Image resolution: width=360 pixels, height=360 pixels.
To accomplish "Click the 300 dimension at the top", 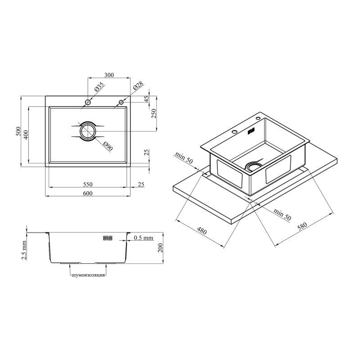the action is (x=109, y=75).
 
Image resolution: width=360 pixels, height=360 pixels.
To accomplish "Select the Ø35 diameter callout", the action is (x=99, y=87).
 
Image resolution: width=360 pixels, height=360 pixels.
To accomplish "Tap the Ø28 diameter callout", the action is (x=138, y=86).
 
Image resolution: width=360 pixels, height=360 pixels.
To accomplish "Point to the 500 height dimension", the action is (x=18, y=131).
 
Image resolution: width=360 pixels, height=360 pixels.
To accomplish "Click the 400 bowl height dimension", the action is (x=26, y=135).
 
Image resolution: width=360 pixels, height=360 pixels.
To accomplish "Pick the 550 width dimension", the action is (x=88, y=184).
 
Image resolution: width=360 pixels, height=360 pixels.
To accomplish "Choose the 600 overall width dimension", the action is (x=88, y=193).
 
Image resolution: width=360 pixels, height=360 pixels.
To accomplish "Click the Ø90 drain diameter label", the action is (x=108, y=146).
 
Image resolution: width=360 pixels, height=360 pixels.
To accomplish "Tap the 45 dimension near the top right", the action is (x=147, y=99).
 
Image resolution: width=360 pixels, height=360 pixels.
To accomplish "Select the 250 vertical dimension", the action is (x=153, y=113).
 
